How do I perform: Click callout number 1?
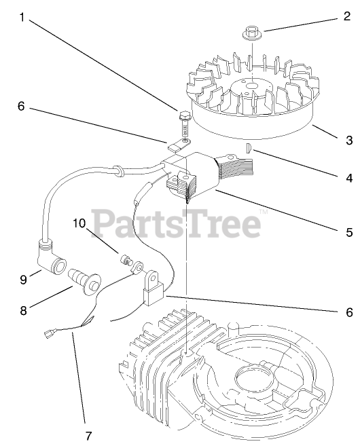[x=22, y=17]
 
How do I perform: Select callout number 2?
[x=347, y=16]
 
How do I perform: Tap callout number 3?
[x=349, y=141]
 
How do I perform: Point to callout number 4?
[x=349, y=178]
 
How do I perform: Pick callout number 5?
[x=349, y=232]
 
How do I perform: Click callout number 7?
[x=89, y=436]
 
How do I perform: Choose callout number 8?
[x=23, y=310]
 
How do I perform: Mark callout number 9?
[x=23, y=279]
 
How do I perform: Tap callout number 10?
[x=79, y=223]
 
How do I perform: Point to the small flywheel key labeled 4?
[x=249, y=148]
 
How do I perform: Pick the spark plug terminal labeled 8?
[x=84, y=282]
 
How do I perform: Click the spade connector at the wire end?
[x=49, y=333]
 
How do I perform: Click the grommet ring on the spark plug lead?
[x=118, y=170]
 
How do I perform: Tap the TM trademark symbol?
[x=264, y=212]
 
